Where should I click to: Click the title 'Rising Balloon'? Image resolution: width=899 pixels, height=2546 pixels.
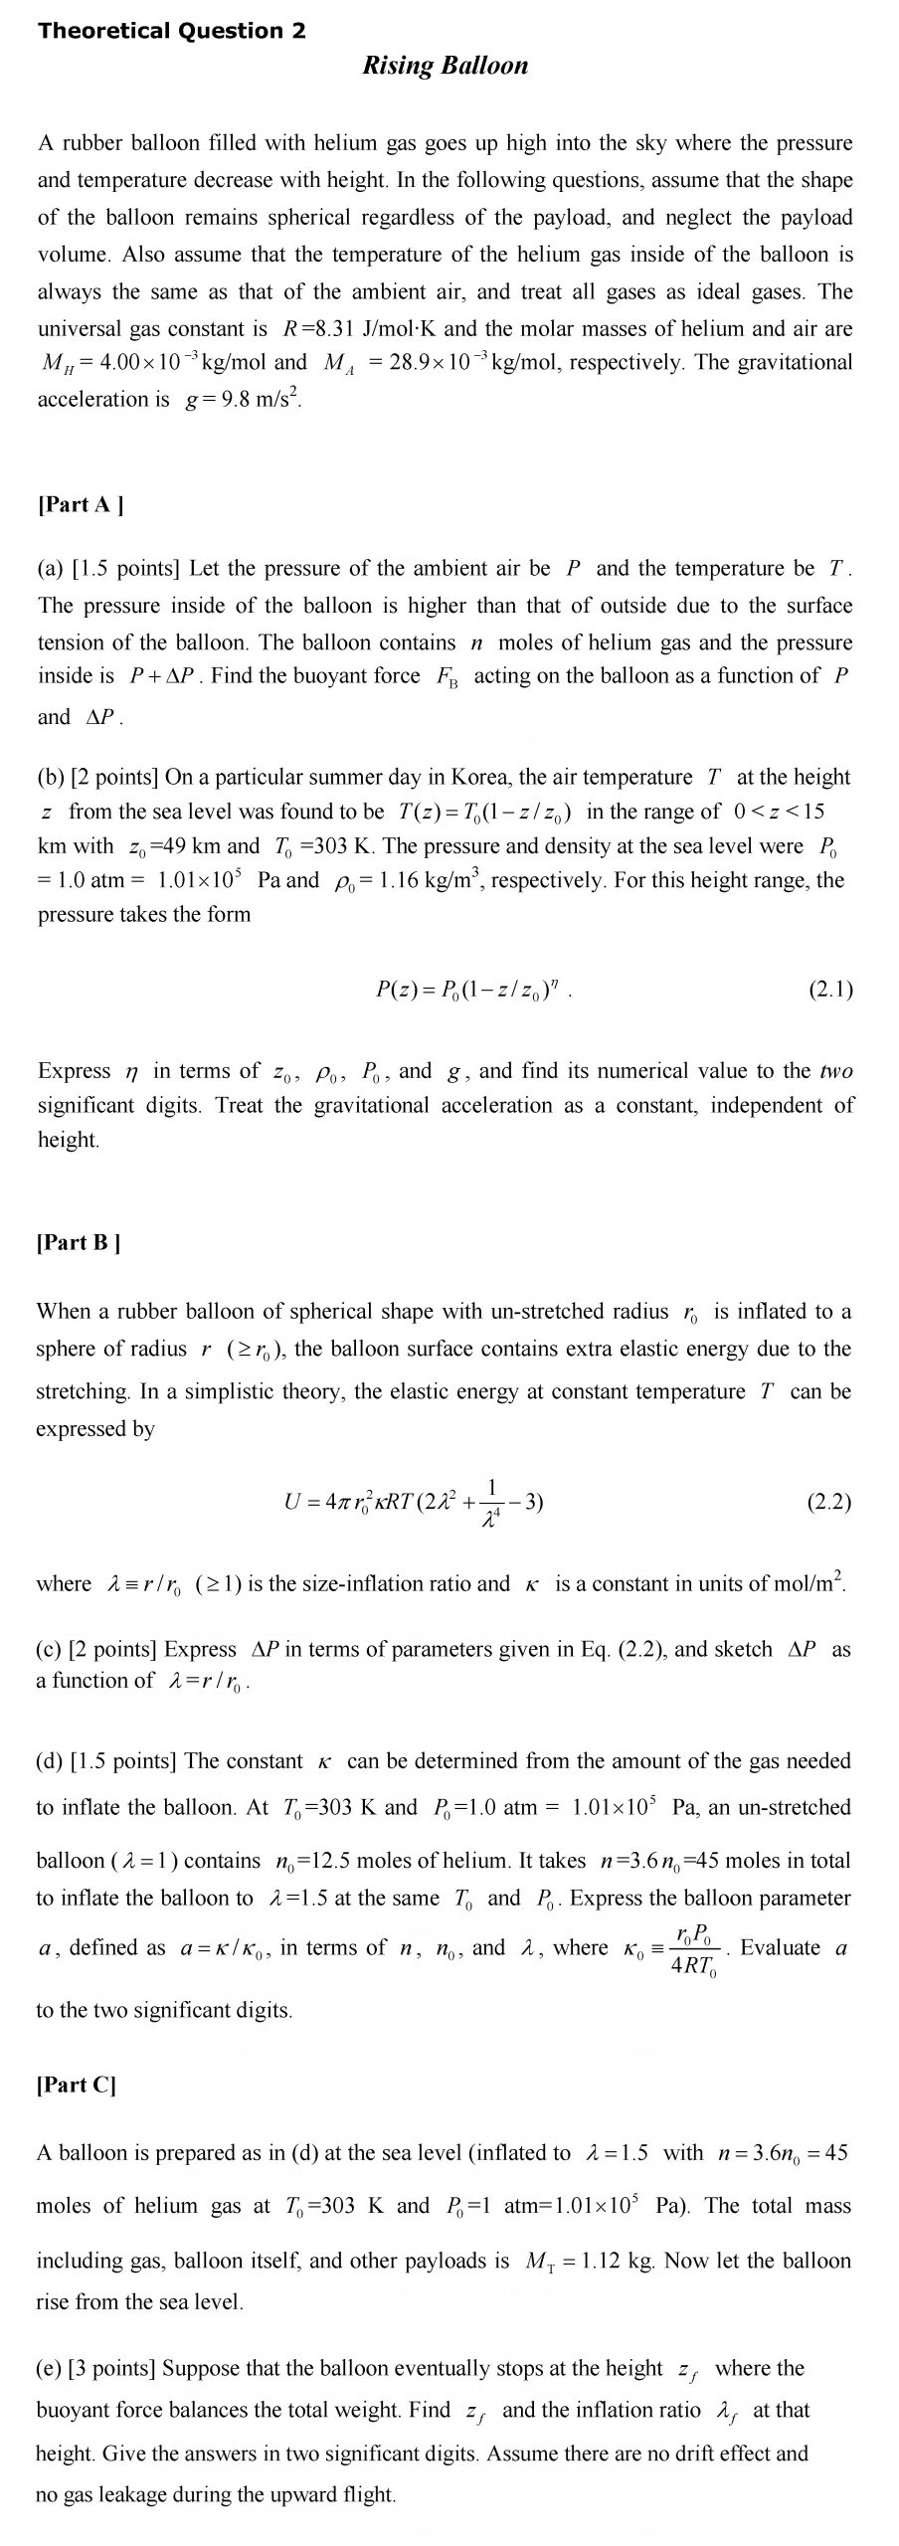point(445,67)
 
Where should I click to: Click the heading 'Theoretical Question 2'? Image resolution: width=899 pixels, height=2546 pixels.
point(171,31)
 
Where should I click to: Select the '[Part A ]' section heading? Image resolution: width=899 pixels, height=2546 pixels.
point(81,504)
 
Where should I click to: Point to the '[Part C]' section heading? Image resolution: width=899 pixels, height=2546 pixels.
point(77,2086)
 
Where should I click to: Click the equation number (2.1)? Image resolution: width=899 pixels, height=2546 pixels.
point(830,989)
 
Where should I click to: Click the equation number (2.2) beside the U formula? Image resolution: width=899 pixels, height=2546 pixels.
point(829,1502)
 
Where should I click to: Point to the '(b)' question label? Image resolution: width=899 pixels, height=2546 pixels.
point(51,777)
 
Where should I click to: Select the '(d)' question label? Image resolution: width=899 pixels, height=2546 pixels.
point(51,1761)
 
